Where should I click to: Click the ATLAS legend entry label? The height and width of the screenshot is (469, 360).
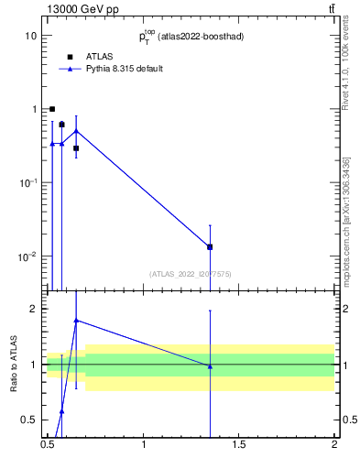pyautogui.click(x=99, y=56)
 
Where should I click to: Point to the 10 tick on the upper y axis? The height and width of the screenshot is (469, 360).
pyautogui.click(x=30, y=36)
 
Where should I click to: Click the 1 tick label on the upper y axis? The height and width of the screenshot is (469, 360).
pyautogui.click(x=33, y=109)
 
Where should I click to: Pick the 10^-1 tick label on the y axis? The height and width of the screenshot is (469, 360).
pyautogui.click(x=27, y=182)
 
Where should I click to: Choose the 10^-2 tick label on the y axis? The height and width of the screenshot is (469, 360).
pyautogui.click(x=27, y=256)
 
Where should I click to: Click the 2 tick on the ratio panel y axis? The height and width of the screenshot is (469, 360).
pyautogui.click(x=33, y=309)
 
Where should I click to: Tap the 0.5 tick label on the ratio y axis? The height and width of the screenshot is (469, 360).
pyautogui.click(x=28, y=420)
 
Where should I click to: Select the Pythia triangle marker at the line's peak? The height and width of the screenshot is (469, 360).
pyautogui.click(x=76, y=130)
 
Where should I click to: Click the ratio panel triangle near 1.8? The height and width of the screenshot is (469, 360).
pyautogui.click(x=76, y=321)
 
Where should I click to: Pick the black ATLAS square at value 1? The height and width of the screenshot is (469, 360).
pyautogui.click(x=52, y=109)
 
